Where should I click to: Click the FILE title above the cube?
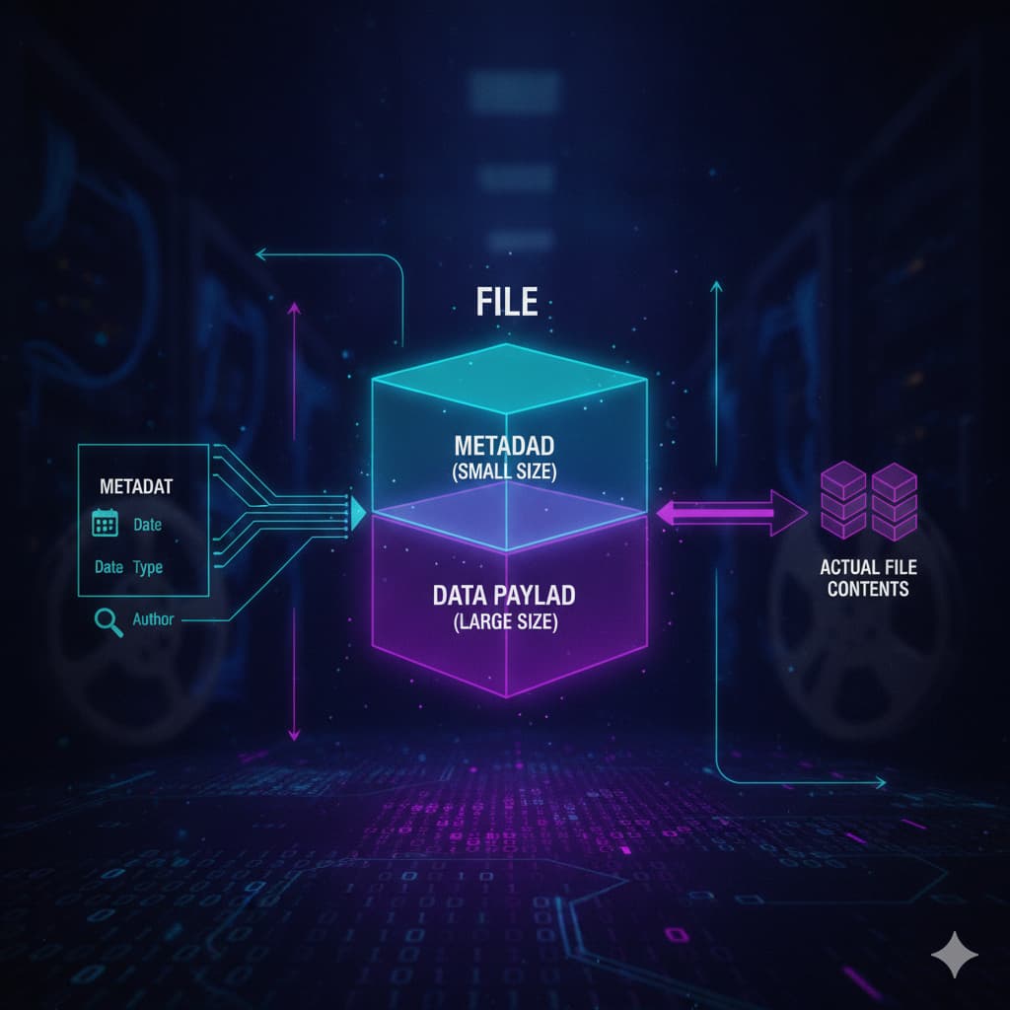(x=506, y=302)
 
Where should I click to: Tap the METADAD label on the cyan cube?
(x=504, y=446)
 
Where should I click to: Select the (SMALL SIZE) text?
(x=504, y=471)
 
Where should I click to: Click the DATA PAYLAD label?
(x=504, y=595)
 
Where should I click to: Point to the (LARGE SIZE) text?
(x=505, y=621)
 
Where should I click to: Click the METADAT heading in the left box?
(x=136, y=486)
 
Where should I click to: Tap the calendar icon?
(x=105, y=523)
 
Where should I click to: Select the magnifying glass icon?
(x=108, y=622)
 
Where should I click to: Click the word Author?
(x=153, y=619)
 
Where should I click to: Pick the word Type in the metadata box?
(x=148, y=567)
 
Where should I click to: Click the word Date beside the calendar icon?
(x=148, y=525)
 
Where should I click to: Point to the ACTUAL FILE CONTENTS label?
(x=868, y=578)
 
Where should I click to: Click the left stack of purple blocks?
(x=843, y=500)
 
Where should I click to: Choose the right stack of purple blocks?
(x=894, y=501)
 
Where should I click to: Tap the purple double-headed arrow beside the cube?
(x=731, y=513)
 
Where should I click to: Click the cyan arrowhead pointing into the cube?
(x=357, y=513)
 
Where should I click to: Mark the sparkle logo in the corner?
(x=955, y=954)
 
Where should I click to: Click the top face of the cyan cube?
(x=509, y=378)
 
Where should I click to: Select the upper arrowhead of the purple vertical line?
(x=294, y=308)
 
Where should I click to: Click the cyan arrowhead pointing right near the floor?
(x=880, y=783)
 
